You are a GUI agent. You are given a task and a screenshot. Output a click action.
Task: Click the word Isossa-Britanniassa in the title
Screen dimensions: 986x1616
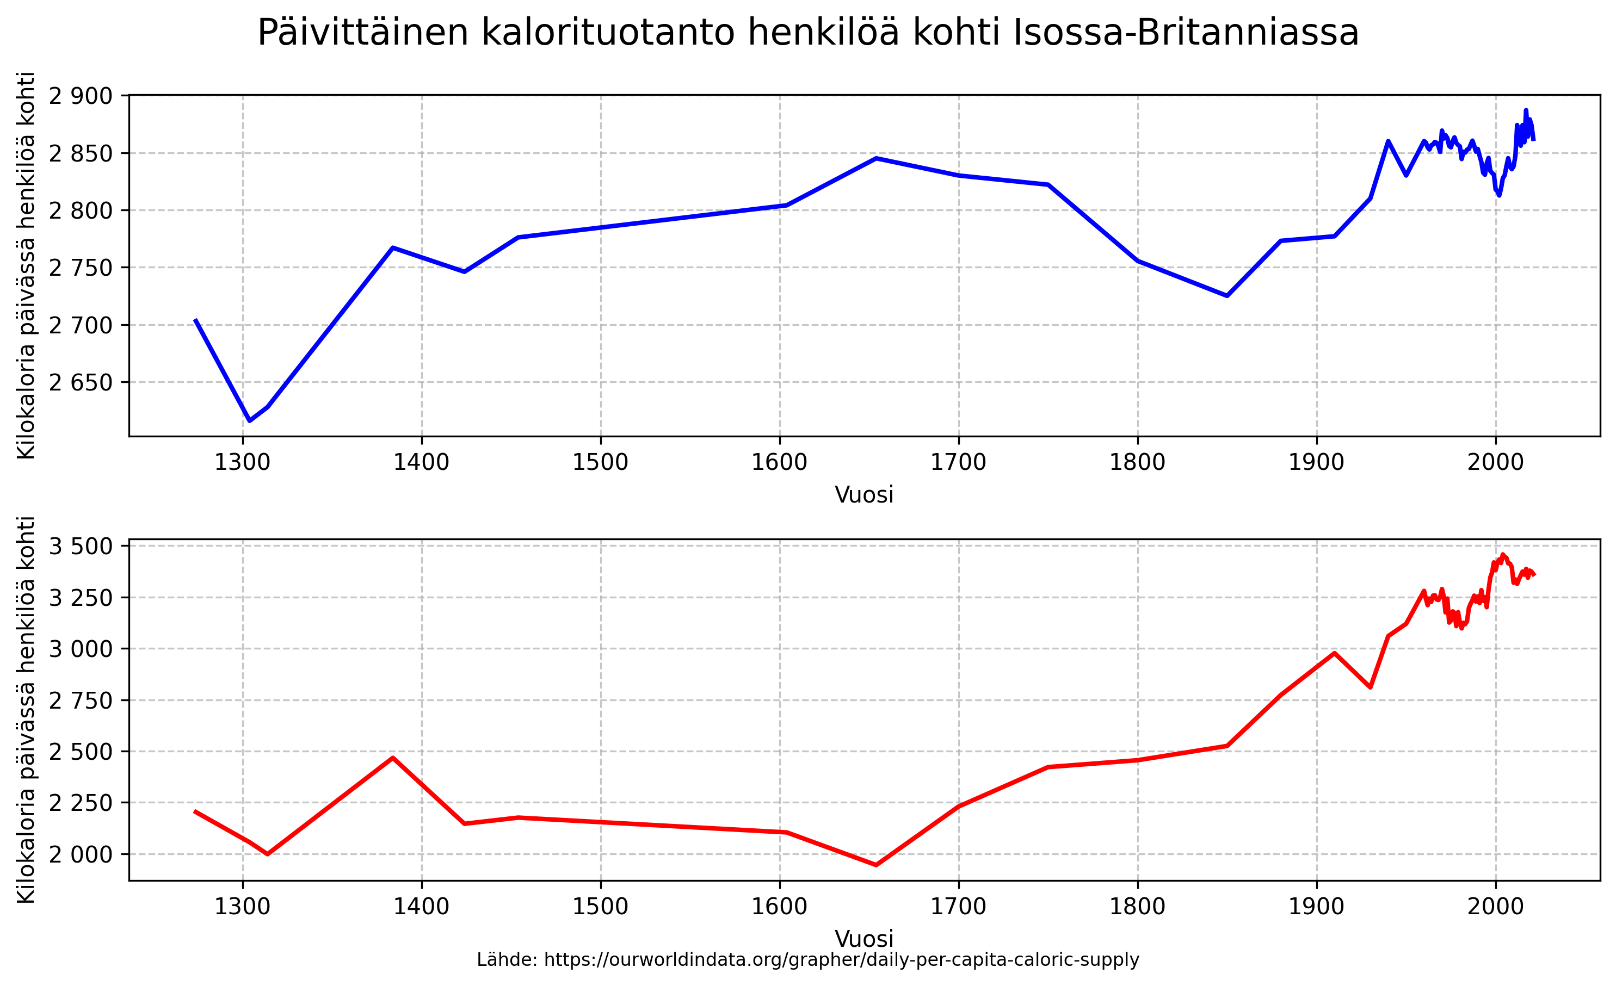(x=1186, y=33)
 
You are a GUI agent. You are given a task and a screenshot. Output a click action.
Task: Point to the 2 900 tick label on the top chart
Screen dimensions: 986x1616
(x=81, y=96)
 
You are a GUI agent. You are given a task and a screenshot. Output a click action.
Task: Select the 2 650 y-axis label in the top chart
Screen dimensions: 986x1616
(x=81, y=382)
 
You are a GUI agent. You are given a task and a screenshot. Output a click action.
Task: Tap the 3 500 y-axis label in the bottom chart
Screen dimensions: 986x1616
(x=81, y=546)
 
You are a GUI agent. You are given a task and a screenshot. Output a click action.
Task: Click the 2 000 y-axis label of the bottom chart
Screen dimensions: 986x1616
(x=81, y=854)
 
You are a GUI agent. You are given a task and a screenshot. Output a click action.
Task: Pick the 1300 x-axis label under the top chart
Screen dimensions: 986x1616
(x=243, y=462)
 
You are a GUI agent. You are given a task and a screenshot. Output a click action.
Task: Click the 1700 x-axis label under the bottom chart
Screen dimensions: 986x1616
(x=958, y=907)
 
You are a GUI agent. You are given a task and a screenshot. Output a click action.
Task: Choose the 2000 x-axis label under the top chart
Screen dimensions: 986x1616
(x=1495, y=462)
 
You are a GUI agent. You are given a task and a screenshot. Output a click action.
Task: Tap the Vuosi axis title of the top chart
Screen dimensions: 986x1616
(x=863, y=495)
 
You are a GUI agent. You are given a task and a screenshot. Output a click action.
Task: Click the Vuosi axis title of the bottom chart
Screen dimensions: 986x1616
(x=863, y=939)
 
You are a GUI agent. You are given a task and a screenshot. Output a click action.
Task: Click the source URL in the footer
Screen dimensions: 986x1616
(x=841, y=960)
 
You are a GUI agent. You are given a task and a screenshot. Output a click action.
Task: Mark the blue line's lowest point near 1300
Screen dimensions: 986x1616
(x=250, y=420)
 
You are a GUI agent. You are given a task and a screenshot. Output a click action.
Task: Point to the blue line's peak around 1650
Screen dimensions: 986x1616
(x=875, y=158)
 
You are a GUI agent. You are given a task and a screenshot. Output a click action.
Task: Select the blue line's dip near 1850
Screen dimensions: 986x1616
(x=1227, y=296)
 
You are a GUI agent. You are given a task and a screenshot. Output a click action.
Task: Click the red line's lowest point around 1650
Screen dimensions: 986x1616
(x=875, y=865)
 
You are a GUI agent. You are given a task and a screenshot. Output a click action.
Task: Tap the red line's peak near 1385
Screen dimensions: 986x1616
(x=393, y=758)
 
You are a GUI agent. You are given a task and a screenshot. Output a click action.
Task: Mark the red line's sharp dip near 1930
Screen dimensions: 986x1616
(x=1370, y=687)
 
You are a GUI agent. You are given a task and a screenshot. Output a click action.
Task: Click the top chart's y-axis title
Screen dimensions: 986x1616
(x=26, y=265)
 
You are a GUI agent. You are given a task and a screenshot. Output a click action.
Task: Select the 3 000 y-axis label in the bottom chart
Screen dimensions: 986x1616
(x=81, y=649)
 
